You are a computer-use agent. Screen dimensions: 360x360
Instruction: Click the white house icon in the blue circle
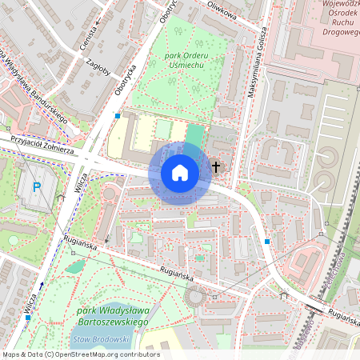pos(180,172)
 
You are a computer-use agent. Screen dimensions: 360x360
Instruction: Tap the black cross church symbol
pos(216,167)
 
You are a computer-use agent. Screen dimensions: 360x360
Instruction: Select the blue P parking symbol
pos(36,188)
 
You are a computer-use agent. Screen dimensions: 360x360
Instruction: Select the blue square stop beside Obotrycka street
pos(118,116)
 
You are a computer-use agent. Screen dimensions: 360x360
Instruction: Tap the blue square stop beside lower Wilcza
pos(28,318)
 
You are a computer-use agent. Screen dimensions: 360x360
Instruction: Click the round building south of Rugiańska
pos(194,297)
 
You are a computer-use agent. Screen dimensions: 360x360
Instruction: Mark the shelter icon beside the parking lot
pos(60,197)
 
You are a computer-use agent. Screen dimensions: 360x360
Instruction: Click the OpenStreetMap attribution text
pos(80,354)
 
